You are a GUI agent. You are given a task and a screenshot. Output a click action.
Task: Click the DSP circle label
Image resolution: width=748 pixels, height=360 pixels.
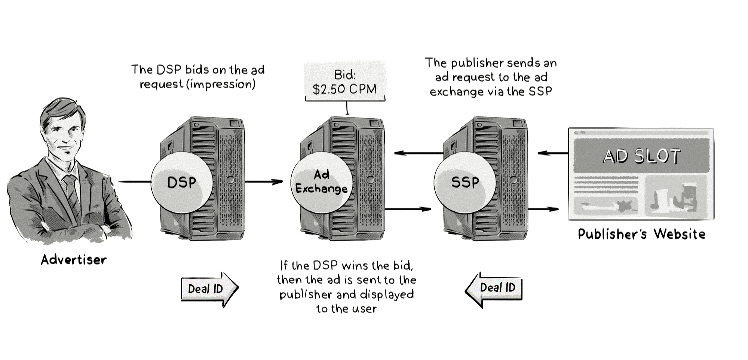182,183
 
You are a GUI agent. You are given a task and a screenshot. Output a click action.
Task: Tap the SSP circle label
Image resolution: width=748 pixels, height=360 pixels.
465,183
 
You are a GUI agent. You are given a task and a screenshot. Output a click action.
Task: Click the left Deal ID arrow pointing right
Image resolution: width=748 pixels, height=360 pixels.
209,289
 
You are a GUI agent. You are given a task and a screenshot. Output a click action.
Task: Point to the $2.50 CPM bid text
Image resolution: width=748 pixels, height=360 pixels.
344,89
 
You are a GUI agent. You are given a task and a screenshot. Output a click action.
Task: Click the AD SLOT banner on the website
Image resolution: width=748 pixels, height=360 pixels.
641,156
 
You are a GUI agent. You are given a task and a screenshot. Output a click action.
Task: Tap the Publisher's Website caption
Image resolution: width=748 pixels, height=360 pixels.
641,234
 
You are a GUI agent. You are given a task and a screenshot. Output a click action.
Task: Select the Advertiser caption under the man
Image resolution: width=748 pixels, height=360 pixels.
74,260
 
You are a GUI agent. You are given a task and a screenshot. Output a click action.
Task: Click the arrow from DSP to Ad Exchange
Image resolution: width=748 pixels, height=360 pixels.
263,182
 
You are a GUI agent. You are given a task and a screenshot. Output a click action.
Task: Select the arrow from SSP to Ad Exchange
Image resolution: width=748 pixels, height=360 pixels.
418,153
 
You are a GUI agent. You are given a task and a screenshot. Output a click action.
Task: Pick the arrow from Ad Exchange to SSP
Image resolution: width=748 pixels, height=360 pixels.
408,209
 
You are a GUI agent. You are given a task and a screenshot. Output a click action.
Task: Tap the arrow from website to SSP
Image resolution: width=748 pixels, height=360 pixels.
552,153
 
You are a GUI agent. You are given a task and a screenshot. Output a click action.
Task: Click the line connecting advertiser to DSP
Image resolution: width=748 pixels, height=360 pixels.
135,182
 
